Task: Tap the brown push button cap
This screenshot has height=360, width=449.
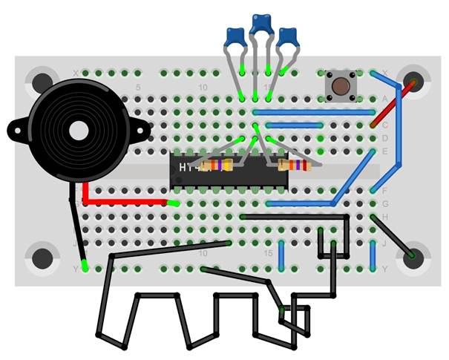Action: point(341,85)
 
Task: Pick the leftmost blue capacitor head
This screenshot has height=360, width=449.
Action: point(235,36)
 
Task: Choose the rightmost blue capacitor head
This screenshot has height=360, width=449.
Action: point(288,35)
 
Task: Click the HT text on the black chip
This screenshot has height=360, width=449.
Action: point(186,167)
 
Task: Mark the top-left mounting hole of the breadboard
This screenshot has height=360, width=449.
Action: point(42,79)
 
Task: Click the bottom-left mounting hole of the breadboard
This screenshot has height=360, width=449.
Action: point(42,258)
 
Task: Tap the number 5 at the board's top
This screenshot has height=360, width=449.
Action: point(138,88)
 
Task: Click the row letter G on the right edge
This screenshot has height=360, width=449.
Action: point(384,203)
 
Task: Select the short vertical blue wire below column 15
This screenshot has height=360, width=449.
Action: point(282,255)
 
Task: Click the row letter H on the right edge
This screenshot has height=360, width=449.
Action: point(384,216)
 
